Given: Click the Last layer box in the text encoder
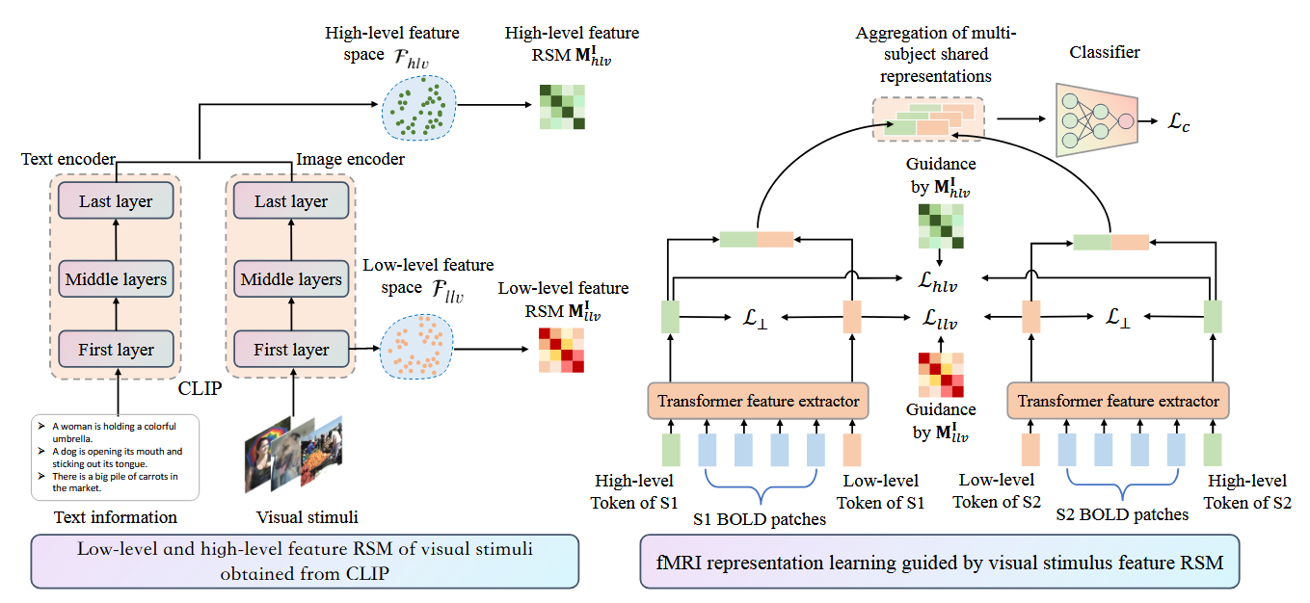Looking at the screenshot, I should [x=116, y=201].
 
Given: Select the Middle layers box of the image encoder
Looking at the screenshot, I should [x=291, y=279].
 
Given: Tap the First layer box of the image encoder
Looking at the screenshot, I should [x=291, y=350].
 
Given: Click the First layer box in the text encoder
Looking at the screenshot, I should [x=116, y=350].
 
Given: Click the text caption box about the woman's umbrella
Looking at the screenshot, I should [x=115, y=457].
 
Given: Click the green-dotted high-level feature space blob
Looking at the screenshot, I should [x=420, y=107].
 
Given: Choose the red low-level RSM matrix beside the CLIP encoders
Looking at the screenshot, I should [x=561, y=351].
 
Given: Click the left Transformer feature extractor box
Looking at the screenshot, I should [x=758, y=401].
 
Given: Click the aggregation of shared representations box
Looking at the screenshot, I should [x=929, y=119].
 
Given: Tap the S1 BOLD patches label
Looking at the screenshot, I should [x=761, y=519].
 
